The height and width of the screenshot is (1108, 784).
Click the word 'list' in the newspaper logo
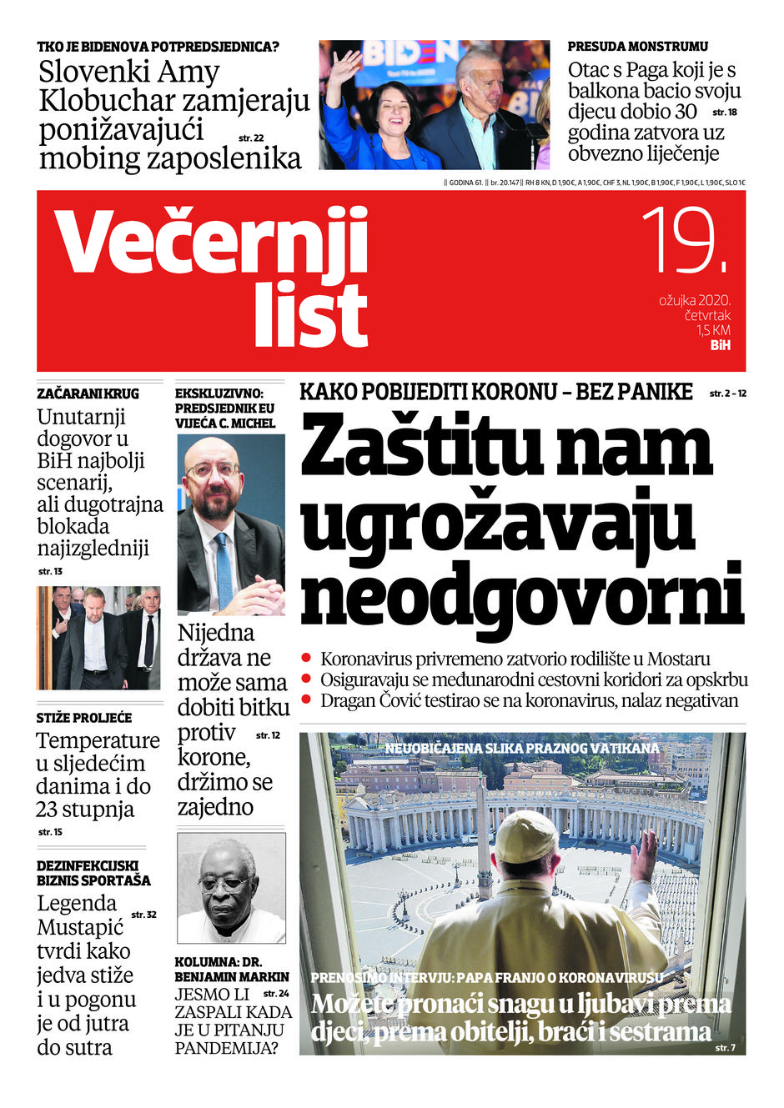[x=310, y=314]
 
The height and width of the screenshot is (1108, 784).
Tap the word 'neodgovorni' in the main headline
[x=521, y=594]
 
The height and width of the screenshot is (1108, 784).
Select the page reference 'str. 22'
[x=251, y=138]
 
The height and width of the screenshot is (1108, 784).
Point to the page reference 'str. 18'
[x=724, y=112]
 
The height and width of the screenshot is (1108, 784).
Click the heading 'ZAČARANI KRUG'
[x=88, y=394]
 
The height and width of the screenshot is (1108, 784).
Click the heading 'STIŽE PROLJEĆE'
[x=83, y=717]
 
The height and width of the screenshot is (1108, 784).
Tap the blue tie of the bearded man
[x=224, y=567]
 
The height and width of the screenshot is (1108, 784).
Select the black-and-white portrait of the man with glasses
[x=231, y=888]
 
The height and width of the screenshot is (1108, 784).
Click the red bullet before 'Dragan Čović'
[x=307, y=699]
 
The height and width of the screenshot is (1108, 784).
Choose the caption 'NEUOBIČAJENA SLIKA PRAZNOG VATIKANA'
[x=521, y=749]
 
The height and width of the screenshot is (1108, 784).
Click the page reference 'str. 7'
[x=725, y=1048]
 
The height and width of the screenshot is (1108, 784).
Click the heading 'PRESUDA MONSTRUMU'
[x=637, y=47]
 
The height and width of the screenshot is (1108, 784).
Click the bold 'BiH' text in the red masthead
[x=720, y=345]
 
